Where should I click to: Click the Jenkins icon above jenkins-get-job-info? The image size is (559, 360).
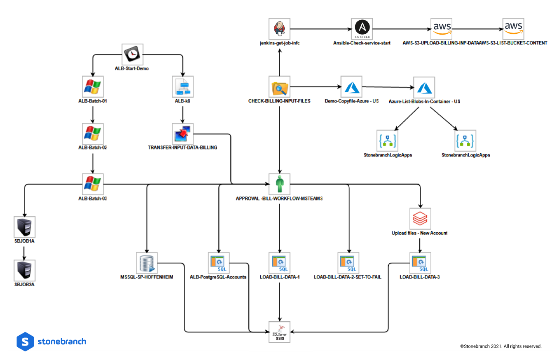coord(279,29)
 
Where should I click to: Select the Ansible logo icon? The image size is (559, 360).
coord(362,29)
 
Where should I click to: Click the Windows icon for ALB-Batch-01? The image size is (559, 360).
coord(92,86)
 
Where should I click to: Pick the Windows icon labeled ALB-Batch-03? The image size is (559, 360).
coord(92,184)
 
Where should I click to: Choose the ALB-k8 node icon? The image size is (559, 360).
coord(182,86)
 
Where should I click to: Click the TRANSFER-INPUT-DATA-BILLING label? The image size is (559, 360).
coord(182,147)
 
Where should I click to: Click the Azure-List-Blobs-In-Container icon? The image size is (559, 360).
coord(424,87)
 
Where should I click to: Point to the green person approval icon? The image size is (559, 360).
coord(279,184)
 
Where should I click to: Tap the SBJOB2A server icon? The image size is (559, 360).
coord(24,270)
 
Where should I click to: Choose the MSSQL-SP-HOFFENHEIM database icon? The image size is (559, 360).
coord(147,262)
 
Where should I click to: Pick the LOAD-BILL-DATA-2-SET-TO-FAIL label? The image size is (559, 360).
coord(347,277)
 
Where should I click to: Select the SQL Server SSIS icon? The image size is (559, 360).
coord(280,331)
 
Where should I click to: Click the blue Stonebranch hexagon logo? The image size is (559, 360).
coord(25,341)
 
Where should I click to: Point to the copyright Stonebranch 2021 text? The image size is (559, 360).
coord(501,346)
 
